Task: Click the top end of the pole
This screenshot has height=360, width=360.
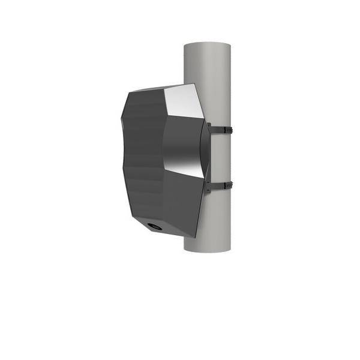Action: click(x=207, y=46)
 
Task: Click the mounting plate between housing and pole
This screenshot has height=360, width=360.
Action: click(x=206, y=156)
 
